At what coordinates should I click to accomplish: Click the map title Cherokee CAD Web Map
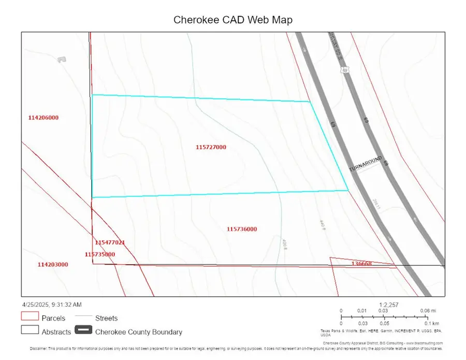232,20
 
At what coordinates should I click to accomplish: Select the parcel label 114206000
43,118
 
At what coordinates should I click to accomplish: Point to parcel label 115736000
242,229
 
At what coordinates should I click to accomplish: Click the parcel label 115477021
110,242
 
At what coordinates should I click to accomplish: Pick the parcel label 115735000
99,254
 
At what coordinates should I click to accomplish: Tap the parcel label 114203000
53,265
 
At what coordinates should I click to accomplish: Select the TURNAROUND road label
365,164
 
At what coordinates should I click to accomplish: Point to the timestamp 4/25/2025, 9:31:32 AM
51,305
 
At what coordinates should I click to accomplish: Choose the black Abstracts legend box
30,330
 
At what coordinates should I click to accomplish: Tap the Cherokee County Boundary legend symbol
83,330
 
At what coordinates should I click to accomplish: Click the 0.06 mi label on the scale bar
424,311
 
